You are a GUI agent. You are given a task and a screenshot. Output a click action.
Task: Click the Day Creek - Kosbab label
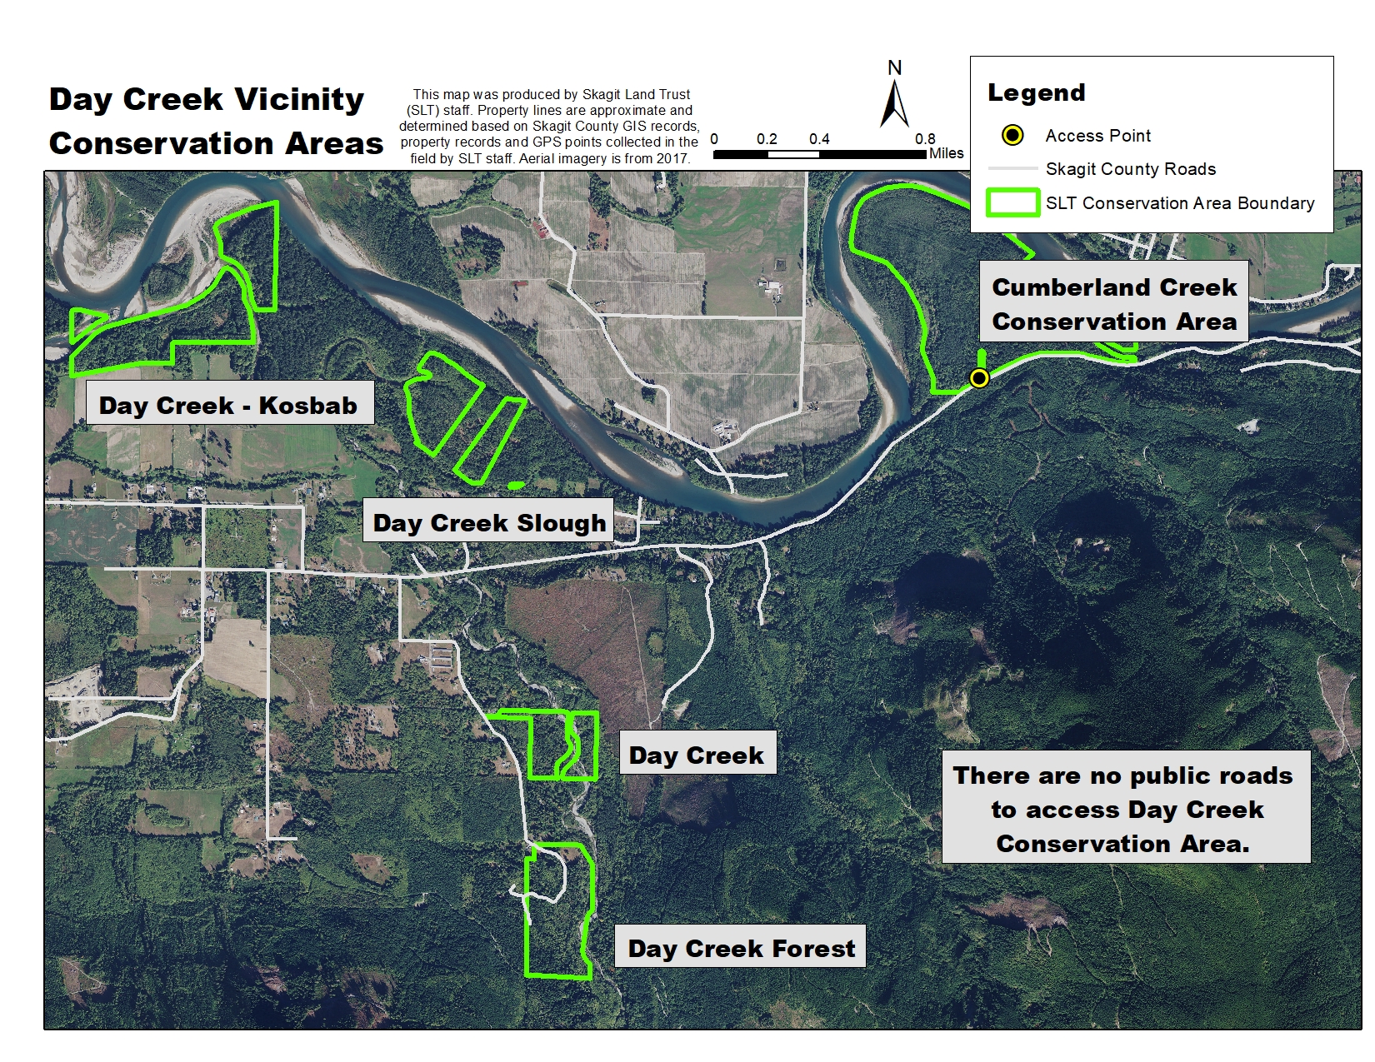[229, 405]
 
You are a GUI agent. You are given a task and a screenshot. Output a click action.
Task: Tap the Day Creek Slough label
[489, 522]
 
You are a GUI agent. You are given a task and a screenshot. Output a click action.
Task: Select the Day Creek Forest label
[741, 948]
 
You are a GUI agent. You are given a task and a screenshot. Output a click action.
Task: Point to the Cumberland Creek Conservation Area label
[1114, 304]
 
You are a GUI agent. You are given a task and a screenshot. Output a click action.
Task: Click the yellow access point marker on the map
[979, 378]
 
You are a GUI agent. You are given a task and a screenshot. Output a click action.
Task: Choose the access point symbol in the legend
[1012, 135]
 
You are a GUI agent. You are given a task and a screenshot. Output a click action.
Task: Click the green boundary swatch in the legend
[1012, 203]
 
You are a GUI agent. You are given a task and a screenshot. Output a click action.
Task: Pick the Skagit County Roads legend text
[1130, 169]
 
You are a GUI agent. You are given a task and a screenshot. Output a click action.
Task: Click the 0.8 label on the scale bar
[925, 139]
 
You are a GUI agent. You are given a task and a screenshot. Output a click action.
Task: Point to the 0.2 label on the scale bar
[767, 139]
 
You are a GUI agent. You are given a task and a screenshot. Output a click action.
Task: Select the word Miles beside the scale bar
[947, 153]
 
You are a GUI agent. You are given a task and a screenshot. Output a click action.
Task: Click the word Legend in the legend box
[1036, 92]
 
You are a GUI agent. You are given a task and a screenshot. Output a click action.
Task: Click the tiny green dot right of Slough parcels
[516, 485]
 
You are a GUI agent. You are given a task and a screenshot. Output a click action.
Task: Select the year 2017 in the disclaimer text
[671, 158]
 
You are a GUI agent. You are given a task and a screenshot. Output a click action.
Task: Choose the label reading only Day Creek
[697, 755]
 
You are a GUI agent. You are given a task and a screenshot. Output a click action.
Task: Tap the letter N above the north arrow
[895, 68]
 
